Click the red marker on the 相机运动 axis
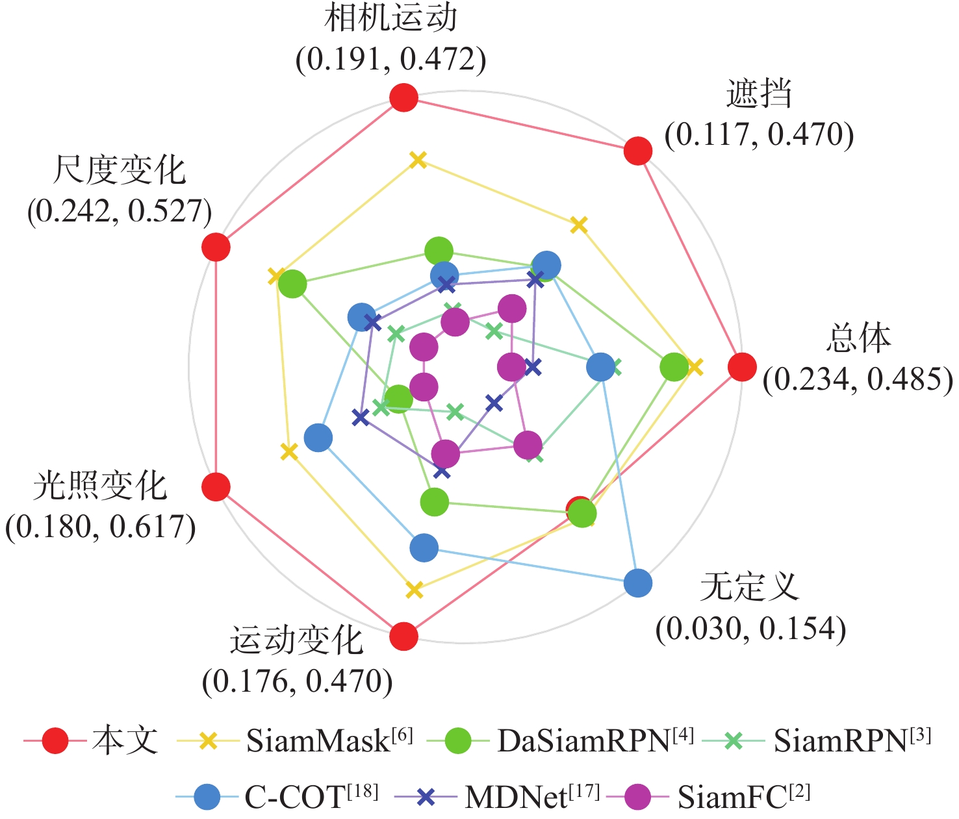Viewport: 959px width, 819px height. click(x=403, y=98)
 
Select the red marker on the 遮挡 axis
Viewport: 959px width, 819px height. click(x=637, y=151)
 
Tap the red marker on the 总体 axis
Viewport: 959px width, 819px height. click(x=742, y=367)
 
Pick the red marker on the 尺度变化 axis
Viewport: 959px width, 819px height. click(x=216, y=247)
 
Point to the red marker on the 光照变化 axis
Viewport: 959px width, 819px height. click(x=216, y=486)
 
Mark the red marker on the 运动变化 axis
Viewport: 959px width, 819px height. click(x=403, y=636)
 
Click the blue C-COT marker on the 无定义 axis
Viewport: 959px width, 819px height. click(x=637, y=583)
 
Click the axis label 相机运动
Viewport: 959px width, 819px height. click(x=390, y=18)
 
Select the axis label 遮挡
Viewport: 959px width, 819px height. click(x=759, y=94)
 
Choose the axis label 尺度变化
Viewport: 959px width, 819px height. click(x=120, y=170)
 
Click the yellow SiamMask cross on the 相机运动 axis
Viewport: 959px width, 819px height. click(x=418, y=160)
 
